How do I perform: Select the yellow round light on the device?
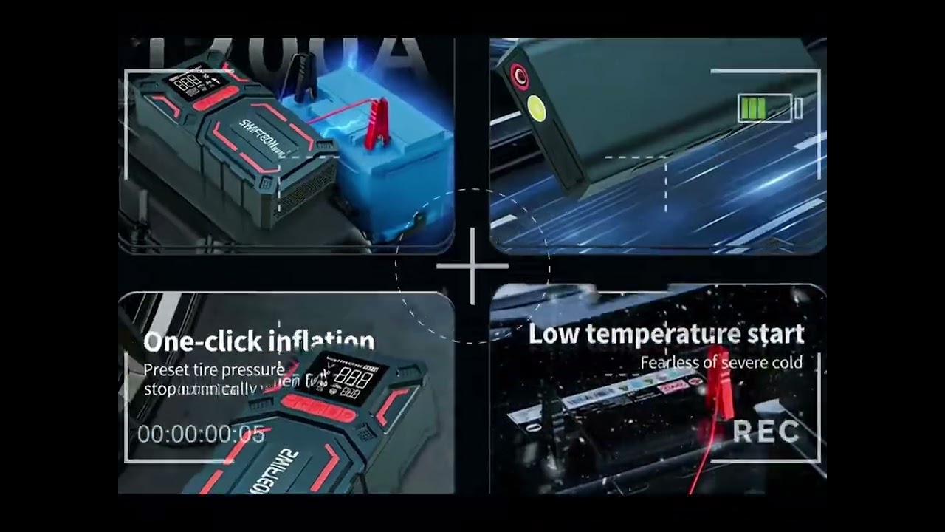(x=537, y=109)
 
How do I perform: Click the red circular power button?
(x=519, y=76)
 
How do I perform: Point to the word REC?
(x=766, y=432)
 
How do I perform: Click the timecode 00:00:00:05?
(x=201, y=434)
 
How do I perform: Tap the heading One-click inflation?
(x=258, y=341)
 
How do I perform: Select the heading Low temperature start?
(x=666, y=334)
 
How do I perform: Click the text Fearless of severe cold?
(x=721, y=363)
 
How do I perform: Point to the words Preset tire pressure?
(x=213, y=369)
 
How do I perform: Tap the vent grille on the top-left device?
(x=303, y=193)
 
